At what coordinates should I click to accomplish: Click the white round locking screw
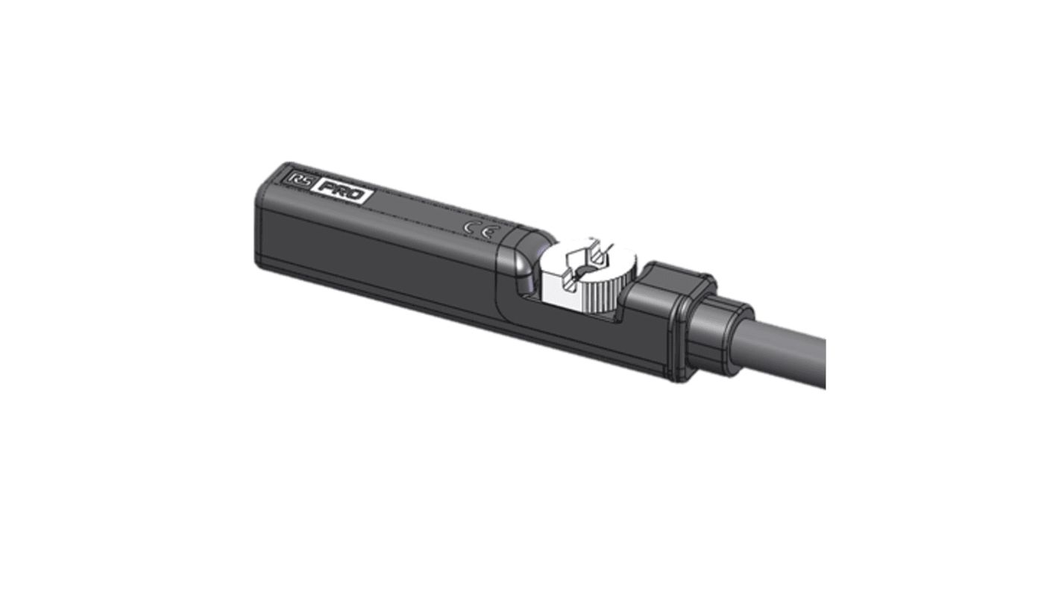[x=586, y=276]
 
